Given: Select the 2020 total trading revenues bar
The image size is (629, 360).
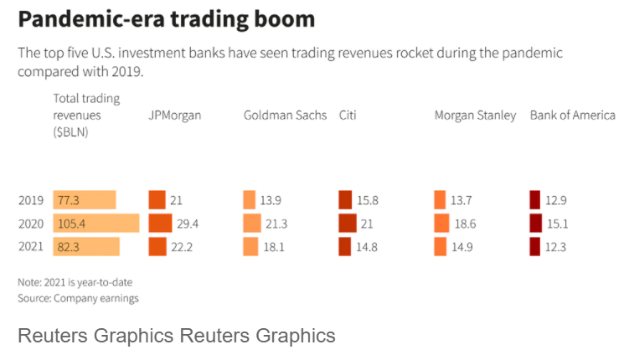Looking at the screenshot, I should coord(95,224).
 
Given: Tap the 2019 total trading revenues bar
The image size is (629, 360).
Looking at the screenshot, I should coord(84,200).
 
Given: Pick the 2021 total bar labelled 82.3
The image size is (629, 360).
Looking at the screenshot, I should coord(86,247).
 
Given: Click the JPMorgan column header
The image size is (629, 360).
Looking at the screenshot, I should coord(175,116).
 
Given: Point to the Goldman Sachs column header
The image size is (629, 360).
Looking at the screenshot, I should coord(285,116).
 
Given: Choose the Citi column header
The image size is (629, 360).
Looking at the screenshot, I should coord(348,116).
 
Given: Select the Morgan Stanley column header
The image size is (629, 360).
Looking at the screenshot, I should coord(475,116).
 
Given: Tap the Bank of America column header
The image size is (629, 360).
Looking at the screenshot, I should coord(573,116).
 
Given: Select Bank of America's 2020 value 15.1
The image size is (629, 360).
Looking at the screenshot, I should coord(558,224).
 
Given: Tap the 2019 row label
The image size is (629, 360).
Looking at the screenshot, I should coord(31,200).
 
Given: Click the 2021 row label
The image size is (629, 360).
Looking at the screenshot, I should coord(31,247).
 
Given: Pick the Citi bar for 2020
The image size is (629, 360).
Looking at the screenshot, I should coord(347,224).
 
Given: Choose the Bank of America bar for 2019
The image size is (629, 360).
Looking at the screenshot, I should coord(534,200).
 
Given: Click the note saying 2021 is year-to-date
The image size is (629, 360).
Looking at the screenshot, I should coord(75,282).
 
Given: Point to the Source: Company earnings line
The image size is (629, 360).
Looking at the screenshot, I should coord(78,298).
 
